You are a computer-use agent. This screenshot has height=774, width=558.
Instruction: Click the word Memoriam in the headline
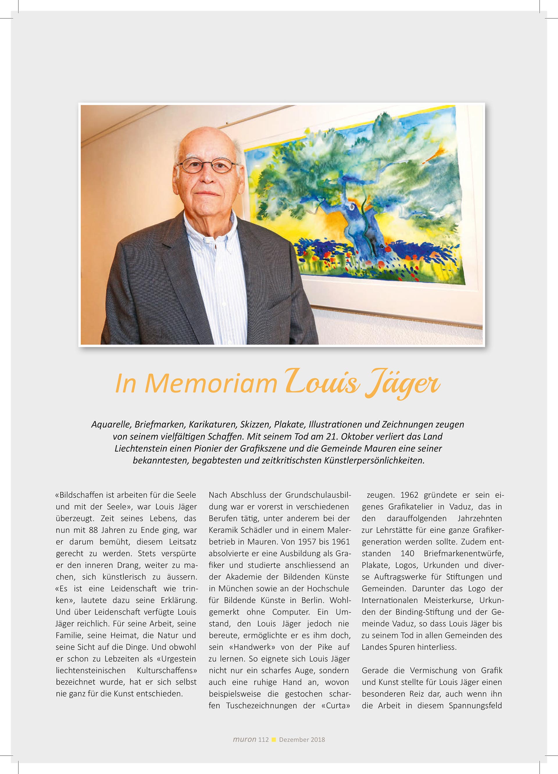point(211,384)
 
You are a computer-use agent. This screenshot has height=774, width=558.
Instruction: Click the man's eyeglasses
point(208,165)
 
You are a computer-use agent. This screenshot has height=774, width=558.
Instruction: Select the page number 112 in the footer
point(264,739)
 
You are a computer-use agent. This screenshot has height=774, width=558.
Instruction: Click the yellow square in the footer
point(274,739)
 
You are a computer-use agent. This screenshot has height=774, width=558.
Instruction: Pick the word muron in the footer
point(244,739)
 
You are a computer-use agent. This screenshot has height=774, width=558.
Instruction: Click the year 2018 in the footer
point(317,739)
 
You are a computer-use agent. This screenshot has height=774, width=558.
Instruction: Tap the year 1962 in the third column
point(409,495)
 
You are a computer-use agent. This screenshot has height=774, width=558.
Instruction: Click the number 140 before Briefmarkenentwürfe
point(407,553)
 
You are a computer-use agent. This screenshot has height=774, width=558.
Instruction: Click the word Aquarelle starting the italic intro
point(111,425)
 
